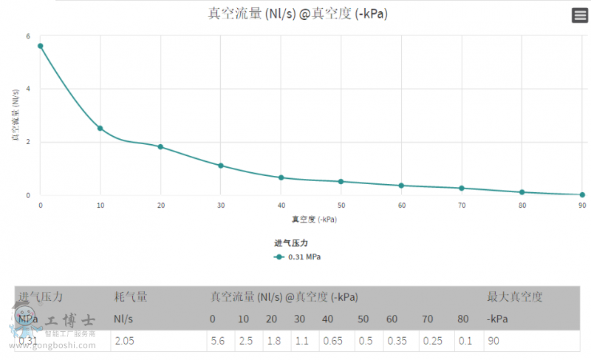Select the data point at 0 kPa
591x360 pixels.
pyautogui.click(x=41, y=46)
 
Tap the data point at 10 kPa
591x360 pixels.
pyautogui.click(x=100, y=129)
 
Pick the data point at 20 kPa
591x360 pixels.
pyautogui.click(x=160, y=146)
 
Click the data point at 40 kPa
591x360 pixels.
pyautogui.click(x=281, y=177)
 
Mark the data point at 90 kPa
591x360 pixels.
pyautogui.click(x=581, y=194)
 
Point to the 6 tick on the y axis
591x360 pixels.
pyautogui.click(x=28, y=36)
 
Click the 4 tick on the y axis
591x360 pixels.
pyautogui.click(x=28, y=89)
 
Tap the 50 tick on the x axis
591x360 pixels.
pyautogui.click(x=341, y=205)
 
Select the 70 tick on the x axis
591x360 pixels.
pyautogui.click(x=462, y=205)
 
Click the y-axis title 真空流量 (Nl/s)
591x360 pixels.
pyautogui.click(x=15, y=115)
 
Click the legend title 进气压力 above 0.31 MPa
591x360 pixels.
pyautogui.click(x=290, y=243)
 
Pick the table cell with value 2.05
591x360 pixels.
pyautogui.click(x=124, y=341)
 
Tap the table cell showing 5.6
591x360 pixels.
pyautogui.click(x=218, y=341)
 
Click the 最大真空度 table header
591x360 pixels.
pyautogui.click(x=515, y=297)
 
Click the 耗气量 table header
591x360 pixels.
pyautogui.click(x=131, y=297)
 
